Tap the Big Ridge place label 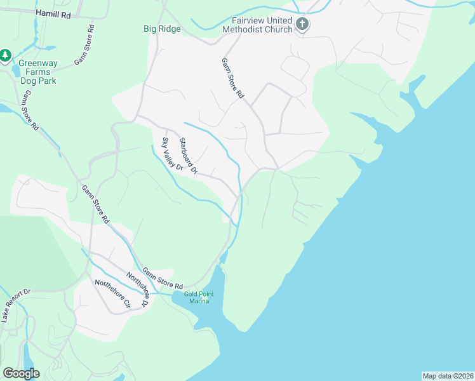161,29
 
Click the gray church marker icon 302,25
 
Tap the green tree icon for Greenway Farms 6,56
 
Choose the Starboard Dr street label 189,156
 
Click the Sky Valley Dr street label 172,155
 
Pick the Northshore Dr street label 137,290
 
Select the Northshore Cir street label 112,294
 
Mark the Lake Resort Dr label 16,305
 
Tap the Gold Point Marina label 196,297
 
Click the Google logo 21,373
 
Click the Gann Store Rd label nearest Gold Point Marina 163,277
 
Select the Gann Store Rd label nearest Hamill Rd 83,45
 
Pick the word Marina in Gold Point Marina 197,300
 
